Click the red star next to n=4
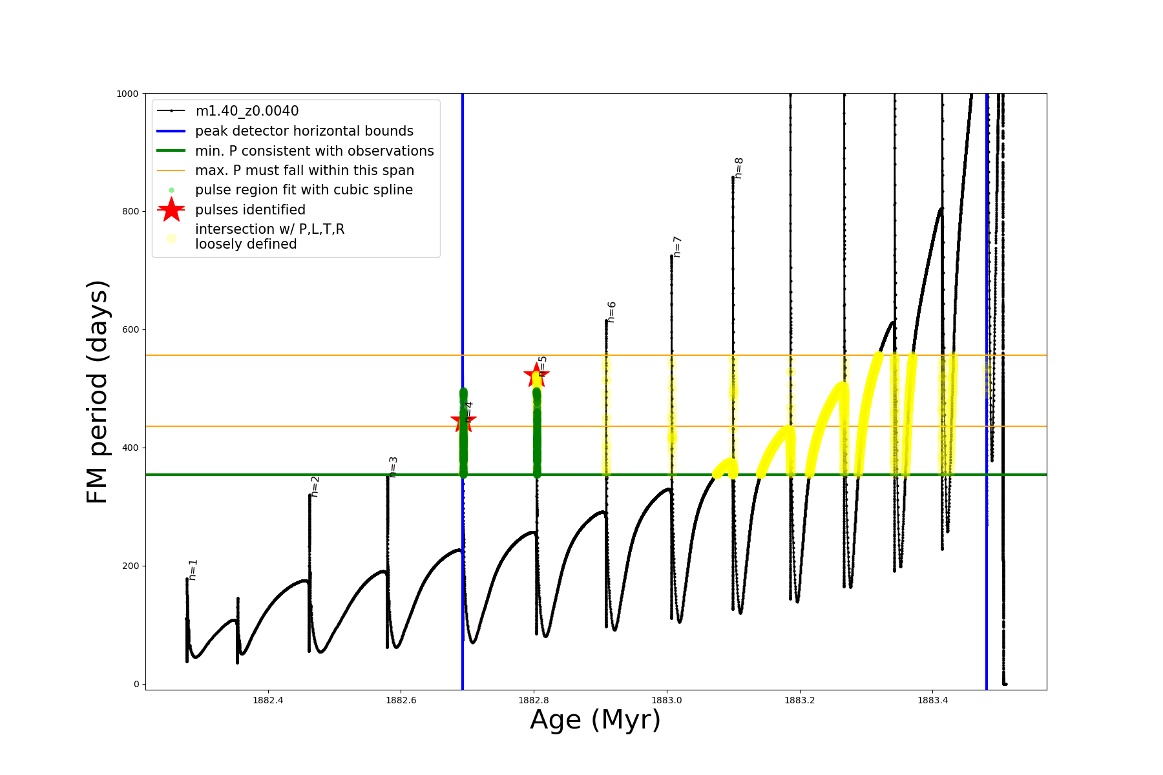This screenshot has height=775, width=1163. coord(463,422)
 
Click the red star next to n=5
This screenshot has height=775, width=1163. coord(536,375)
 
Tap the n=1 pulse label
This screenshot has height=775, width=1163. coord(193,570)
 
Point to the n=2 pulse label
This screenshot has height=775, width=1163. coord(315,486)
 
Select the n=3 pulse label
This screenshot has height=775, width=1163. coord(393,467)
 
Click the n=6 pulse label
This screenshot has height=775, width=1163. coord(611,311)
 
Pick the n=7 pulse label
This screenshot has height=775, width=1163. coord(677,247)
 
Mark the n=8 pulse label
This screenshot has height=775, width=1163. coord(739,167)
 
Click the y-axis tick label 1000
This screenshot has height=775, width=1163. coord(127,94)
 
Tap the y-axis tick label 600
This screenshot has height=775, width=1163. coord(130,329)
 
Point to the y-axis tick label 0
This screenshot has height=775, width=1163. coord(136,684)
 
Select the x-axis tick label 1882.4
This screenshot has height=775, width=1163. coord(267,700)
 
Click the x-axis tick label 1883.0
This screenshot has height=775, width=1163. coord(667,700)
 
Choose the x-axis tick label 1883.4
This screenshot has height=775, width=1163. coord(932,700)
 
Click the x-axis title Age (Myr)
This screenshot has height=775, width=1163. coord(595,720)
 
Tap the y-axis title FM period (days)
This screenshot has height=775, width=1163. coord(97,391)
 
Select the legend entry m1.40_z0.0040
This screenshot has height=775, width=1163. coord(247,111)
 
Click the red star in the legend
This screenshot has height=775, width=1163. coord(171,209)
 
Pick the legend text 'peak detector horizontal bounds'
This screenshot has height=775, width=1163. coord(304,131)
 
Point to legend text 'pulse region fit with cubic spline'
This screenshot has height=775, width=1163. coord(304,190)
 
